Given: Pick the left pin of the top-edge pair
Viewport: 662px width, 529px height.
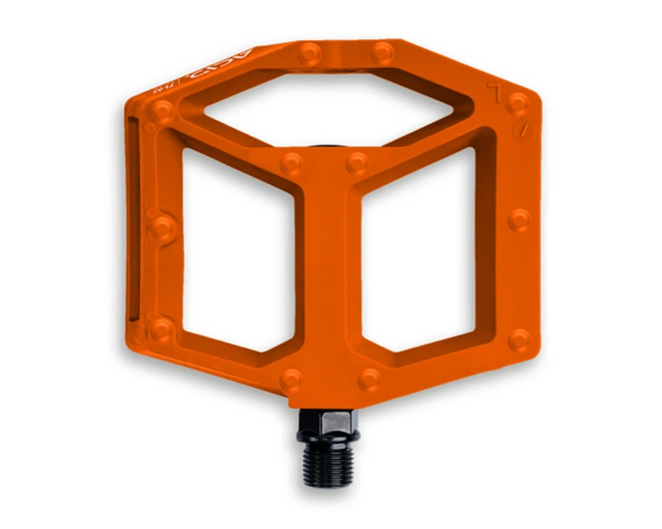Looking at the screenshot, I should click(x=310, y=53).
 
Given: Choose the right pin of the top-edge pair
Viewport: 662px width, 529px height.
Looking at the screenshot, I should click(x=383, y=52).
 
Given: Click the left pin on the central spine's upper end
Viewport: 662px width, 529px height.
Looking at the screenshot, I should click(x=291, y=164).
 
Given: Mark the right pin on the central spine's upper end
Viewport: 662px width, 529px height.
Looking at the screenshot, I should click(x=357, y=163).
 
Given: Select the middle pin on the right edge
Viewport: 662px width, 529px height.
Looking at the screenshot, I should click(x=519, y=220).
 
